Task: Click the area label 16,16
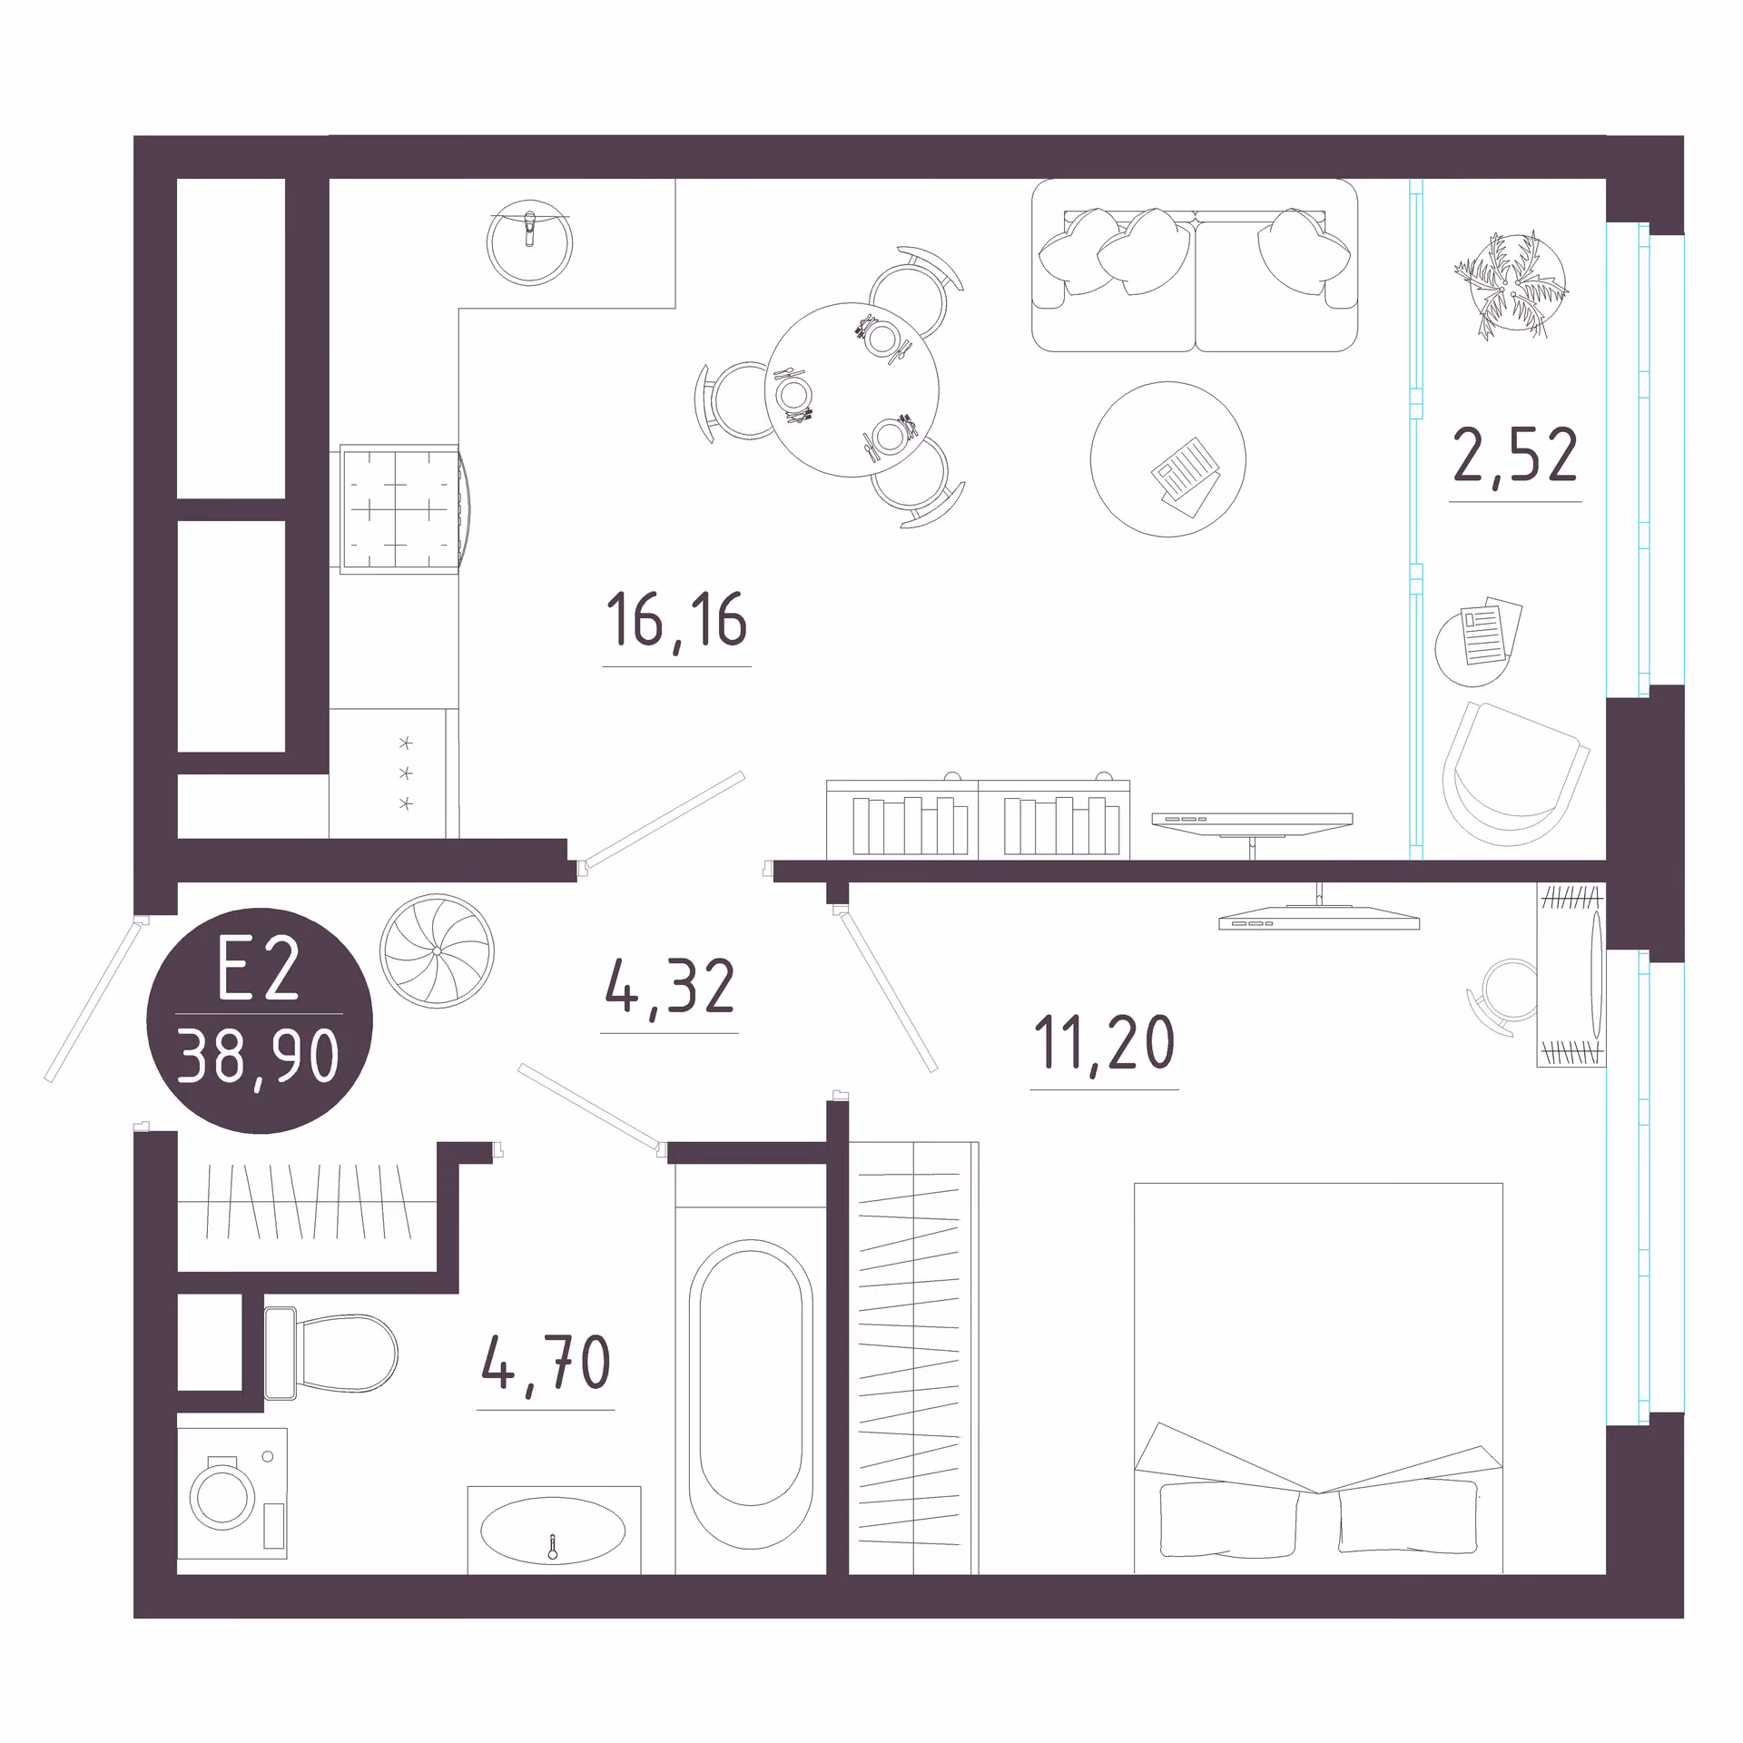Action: [676, 621]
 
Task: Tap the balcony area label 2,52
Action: [1515, 455]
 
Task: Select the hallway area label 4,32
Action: [670, 988]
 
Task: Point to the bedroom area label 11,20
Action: [1104, 1043]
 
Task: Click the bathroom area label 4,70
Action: [546, 1363]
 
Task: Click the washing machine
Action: [232, 1493]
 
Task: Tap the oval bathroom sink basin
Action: [553, 1531]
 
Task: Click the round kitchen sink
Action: [529, 242]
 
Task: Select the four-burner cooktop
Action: [400, 509]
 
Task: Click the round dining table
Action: [852, 389]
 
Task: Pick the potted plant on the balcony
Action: [1511, 285]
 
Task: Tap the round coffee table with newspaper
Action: [1167, 459]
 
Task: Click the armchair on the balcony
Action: [1514, 773]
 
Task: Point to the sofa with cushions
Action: [1195, 265]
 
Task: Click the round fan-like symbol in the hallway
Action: [437, 950]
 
